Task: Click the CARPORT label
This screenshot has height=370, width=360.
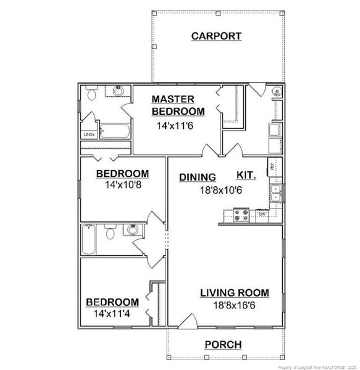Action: (x=216, y=36)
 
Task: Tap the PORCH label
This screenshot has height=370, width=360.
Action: (x=223, y=344)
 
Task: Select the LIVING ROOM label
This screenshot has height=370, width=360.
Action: (x=234, y=293)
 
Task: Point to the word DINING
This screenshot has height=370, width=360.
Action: (x=197, y=177)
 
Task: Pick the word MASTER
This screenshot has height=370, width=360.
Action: (x=174, y=99)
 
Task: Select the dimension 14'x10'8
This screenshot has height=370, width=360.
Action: (x=122, y=184)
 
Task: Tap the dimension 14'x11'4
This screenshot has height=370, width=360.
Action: (x=112, y=314)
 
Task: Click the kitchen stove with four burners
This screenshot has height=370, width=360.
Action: (x=241, y=215)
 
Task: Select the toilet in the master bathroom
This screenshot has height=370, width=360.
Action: (x=91, y=94)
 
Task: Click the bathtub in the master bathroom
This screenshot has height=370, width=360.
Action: (x=114, y=131)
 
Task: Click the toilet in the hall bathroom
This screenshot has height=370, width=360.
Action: (x=111, y=233)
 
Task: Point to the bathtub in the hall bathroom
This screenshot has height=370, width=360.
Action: (x=88, y=239)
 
